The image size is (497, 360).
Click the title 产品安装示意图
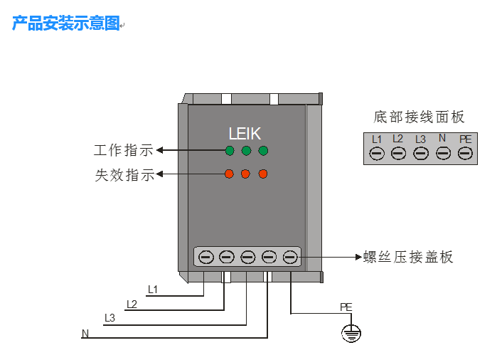[x=66, y=23]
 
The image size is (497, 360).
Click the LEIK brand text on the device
[x=245, y=133]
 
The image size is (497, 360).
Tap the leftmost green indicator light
[x=229, y=150]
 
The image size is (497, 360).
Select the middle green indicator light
[x=246, y=150]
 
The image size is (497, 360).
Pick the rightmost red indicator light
[x=263, y=174]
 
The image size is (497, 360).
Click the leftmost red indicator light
[x=229, y=174]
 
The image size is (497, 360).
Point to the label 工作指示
[x=124, y=151]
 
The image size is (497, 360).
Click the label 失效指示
[x=124, y=175]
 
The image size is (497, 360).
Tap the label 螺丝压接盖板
[x=407, y=257]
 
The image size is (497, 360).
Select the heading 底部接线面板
[x=419, y=117]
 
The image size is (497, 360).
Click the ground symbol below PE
[x=351, y=332]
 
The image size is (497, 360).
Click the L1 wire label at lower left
[x=152, y=289]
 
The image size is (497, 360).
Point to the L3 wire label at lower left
[x=109, y=317]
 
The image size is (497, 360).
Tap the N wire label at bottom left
[x=85, y=333]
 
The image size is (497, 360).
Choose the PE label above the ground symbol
[x=346, y=307]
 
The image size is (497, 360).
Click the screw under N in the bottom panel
[x=443, y=152]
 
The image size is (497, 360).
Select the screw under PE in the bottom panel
[x=465, y=152]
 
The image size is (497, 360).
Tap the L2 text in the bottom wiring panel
[x=398, y=139]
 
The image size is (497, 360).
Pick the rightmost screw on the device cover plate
[x=290, y=256]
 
